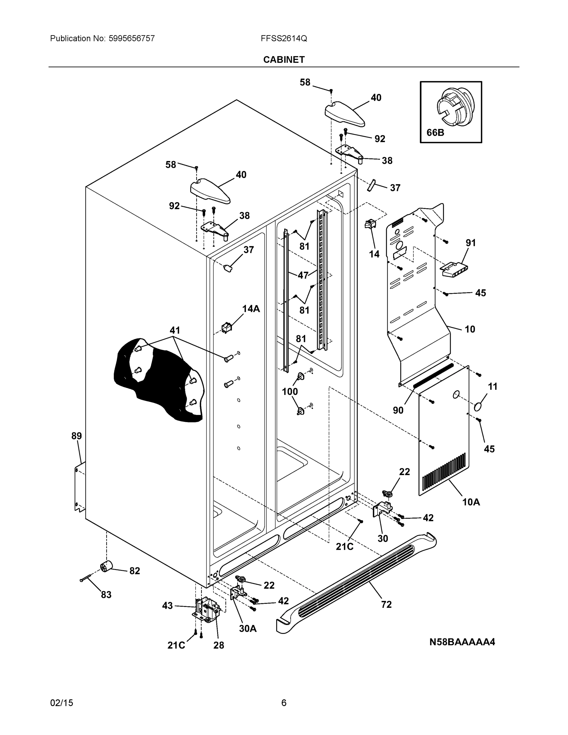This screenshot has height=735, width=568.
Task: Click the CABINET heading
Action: (x=284, y=60)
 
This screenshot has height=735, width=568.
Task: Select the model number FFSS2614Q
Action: (x=284, y=38)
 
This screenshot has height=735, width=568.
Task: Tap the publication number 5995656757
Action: (x=132, y=38)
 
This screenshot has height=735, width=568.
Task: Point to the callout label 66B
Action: (x=435, y=133)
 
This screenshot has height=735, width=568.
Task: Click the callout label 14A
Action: (x=251, y=309)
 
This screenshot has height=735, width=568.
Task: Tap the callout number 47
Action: (x=303, y=275)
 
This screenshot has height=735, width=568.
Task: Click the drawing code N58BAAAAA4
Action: (x=462, y=642)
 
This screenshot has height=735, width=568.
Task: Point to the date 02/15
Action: (x=62, y=703)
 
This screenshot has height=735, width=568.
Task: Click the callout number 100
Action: (x=290, y=391)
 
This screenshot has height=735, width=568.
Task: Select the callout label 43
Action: (x=167, y=606)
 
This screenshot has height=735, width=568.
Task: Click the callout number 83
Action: (x=106, y=595)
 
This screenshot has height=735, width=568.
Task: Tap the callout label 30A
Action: (x=248, y=629)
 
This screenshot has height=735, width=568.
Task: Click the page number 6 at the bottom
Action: (x=284, y=703)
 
